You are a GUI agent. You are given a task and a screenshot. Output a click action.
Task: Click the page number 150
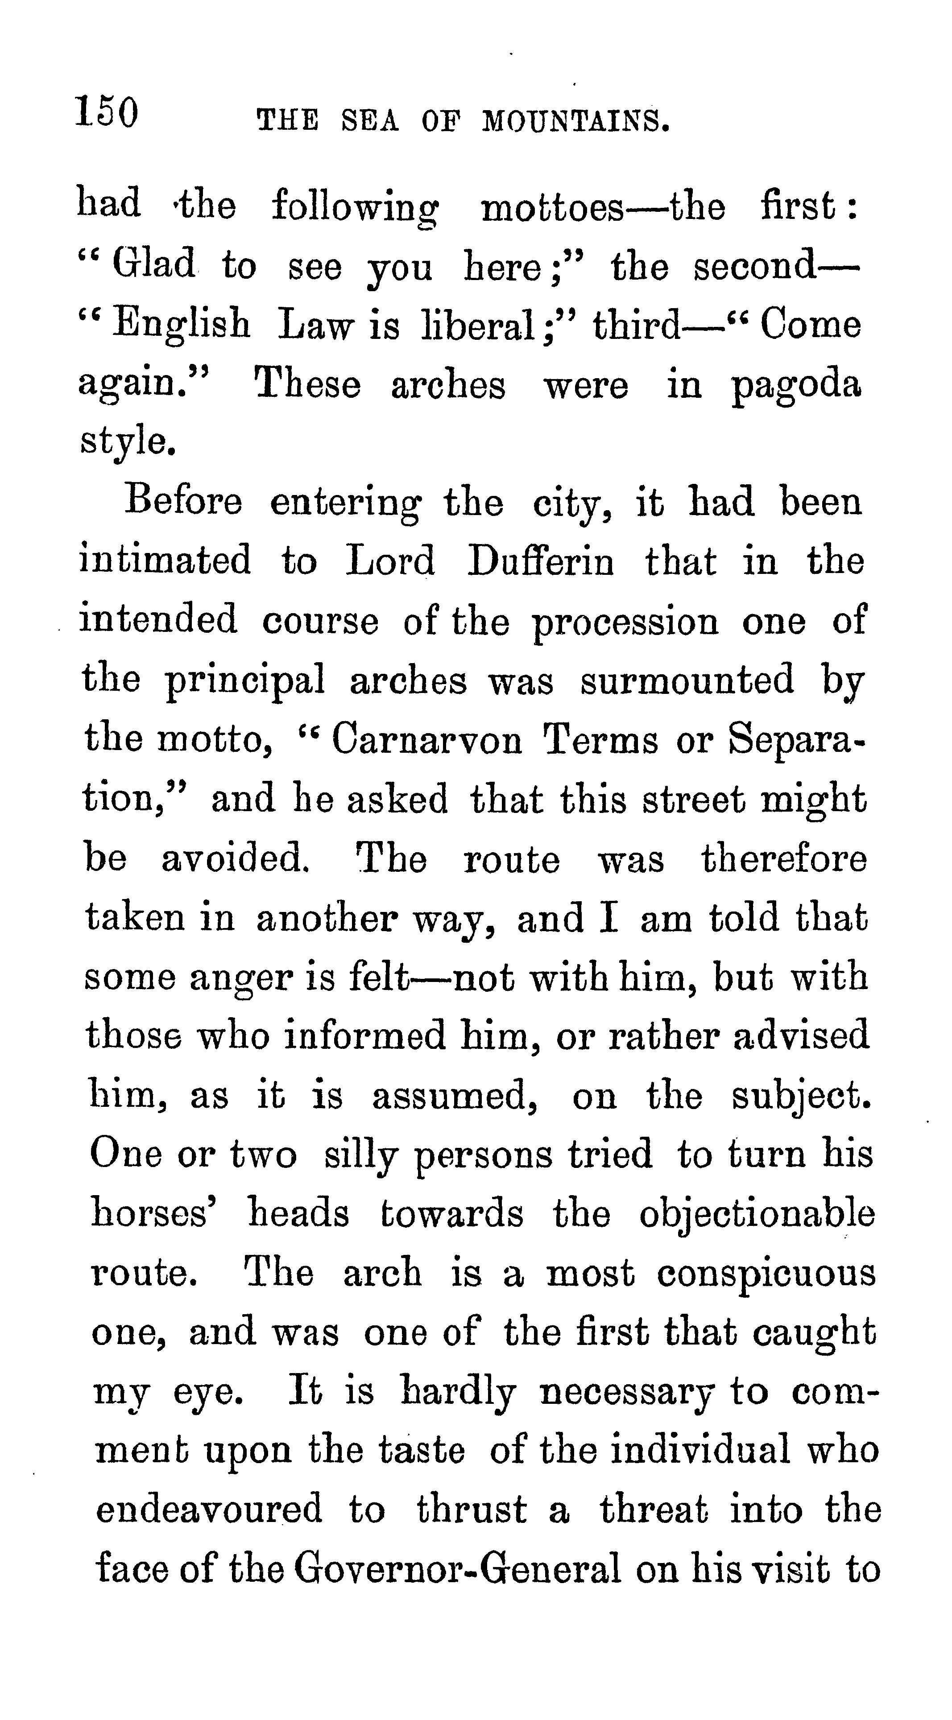107,111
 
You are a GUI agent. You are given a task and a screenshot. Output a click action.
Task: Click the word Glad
153,264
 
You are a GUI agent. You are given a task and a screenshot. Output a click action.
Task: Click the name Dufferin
540,561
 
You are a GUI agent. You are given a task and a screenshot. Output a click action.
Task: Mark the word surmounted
687,681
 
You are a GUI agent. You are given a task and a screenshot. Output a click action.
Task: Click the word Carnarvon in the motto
427,740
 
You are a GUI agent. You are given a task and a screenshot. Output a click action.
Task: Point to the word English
182,325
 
